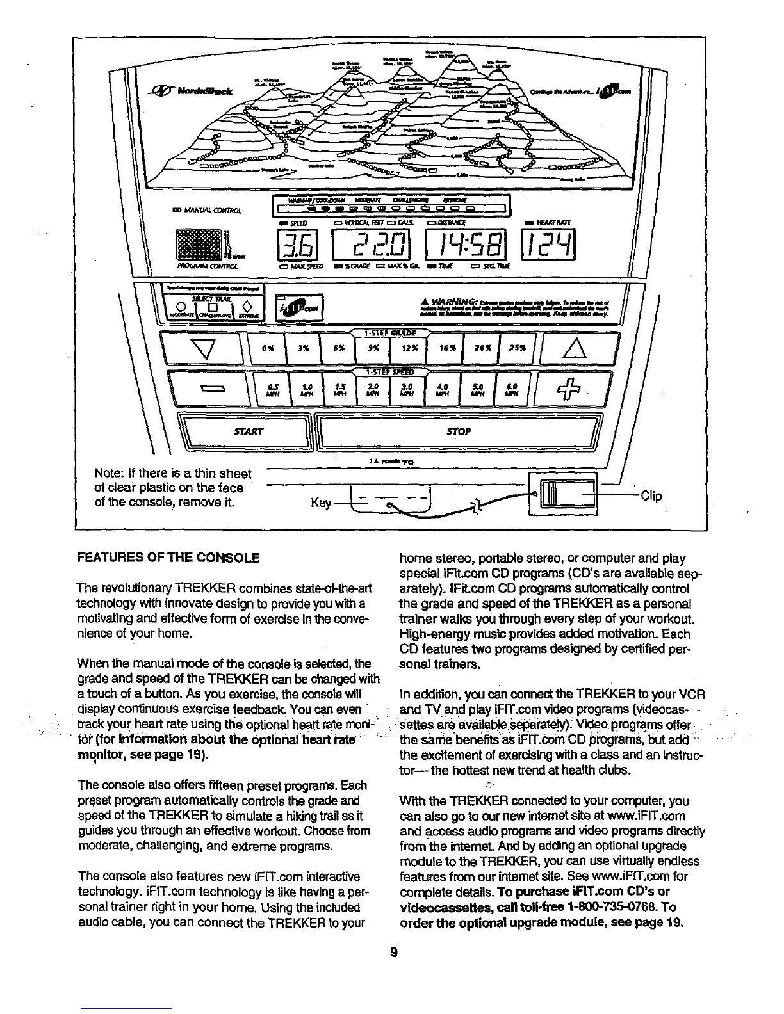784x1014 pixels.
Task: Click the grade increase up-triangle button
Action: (x=572, y=350)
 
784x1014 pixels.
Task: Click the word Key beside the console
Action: (x=320, y=503)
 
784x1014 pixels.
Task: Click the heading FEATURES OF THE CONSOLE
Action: (x=168, y=558)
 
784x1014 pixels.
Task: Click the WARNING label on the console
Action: (x=456, y=301)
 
